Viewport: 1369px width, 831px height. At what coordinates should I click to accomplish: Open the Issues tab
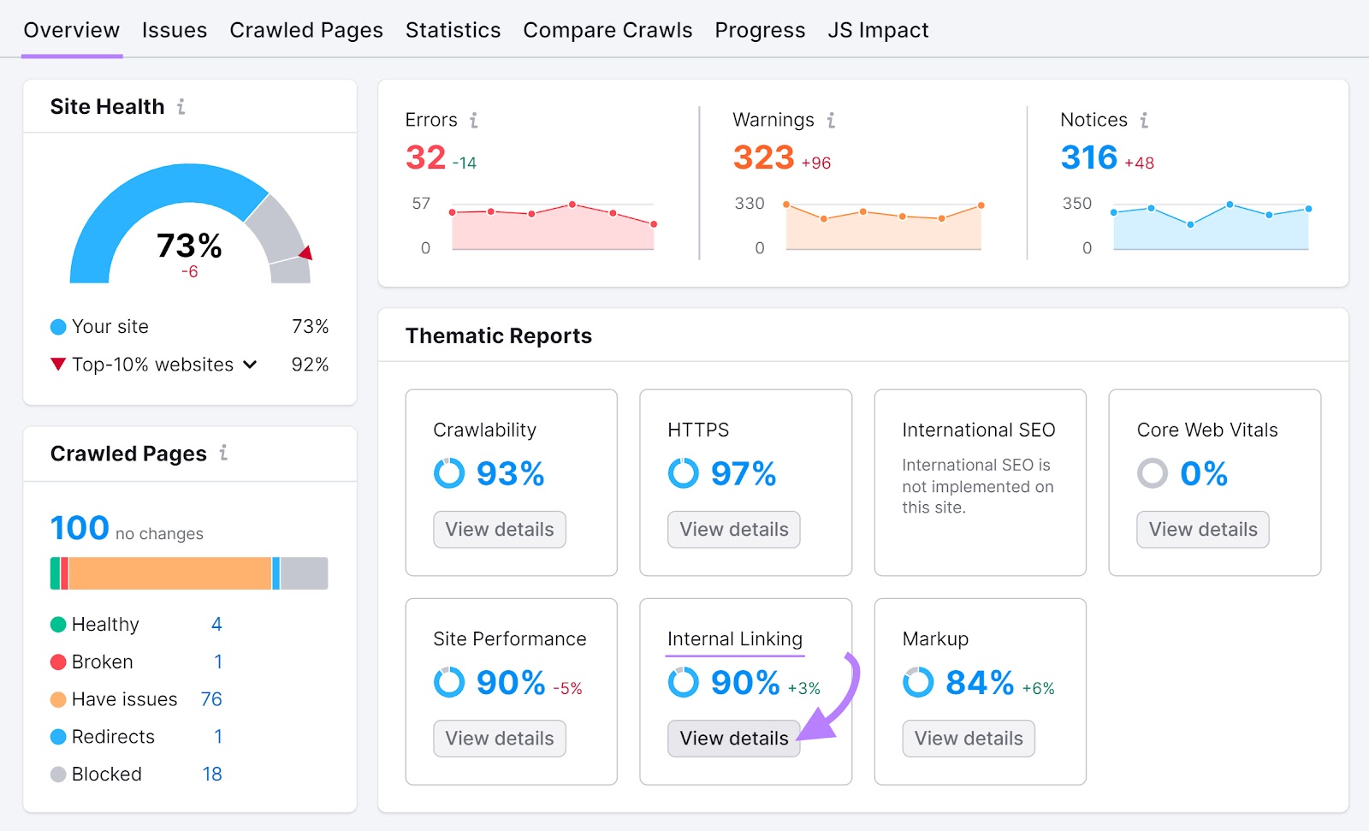[175, 30]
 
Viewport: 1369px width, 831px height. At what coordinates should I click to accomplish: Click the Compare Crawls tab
[607, 30]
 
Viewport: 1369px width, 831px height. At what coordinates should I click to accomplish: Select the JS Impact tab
[878, 30]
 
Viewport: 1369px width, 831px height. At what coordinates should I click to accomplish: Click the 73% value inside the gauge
[189, 246]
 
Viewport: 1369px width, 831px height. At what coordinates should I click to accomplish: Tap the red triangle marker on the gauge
[305, 252]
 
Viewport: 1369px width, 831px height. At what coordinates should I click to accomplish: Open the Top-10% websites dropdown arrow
[250, 365]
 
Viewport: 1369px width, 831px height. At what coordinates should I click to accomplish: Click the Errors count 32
[425, 157]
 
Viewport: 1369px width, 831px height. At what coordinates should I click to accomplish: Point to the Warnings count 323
[763, 157]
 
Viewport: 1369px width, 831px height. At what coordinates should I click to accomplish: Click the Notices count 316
[1088, 157]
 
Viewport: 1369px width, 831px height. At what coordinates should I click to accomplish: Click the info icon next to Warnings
[831, 121]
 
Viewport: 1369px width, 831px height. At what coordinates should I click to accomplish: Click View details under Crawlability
[500, 530]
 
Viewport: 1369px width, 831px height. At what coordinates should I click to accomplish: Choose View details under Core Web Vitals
[1202, 530]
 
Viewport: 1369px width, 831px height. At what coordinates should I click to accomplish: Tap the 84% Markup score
[980, 683]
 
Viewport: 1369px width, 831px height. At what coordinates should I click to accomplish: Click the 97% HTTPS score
[743, 473]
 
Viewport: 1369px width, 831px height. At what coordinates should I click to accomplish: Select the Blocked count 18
[212, 775]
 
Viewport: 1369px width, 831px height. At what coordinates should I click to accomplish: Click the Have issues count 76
[211, 699]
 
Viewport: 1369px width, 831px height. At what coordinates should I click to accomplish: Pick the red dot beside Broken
[58, 662]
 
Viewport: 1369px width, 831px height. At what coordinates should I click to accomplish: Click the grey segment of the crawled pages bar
[304, 573]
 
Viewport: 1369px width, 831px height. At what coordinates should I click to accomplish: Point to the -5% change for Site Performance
[567, 688]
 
